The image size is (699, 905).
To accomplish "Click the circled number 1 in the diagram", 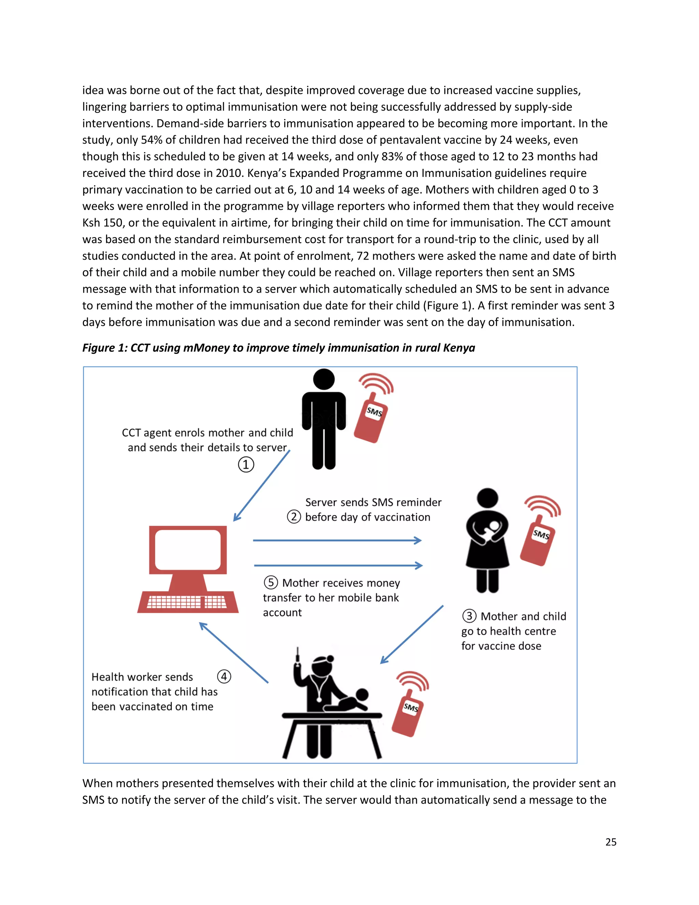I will pos(246,464).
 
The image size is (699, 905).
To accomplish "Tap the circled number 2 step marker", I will pos(294,517).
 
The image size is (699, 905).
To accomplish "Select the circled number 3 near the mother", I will pos(469,616).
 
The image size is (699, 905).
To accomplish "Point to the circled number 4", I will pos(224,676).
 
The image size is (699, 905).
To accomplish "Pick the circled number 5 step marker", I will pos(271,582).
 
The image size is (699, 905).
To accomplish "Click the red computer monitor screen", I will pos(188,550).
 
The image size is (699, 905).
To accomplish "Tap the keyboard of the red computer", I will pos(187,602).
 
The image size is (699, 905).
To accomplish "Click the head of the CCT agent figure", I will pos(324,379).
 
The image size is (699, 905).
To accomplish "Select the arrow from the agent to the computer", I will pos(262,486).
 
